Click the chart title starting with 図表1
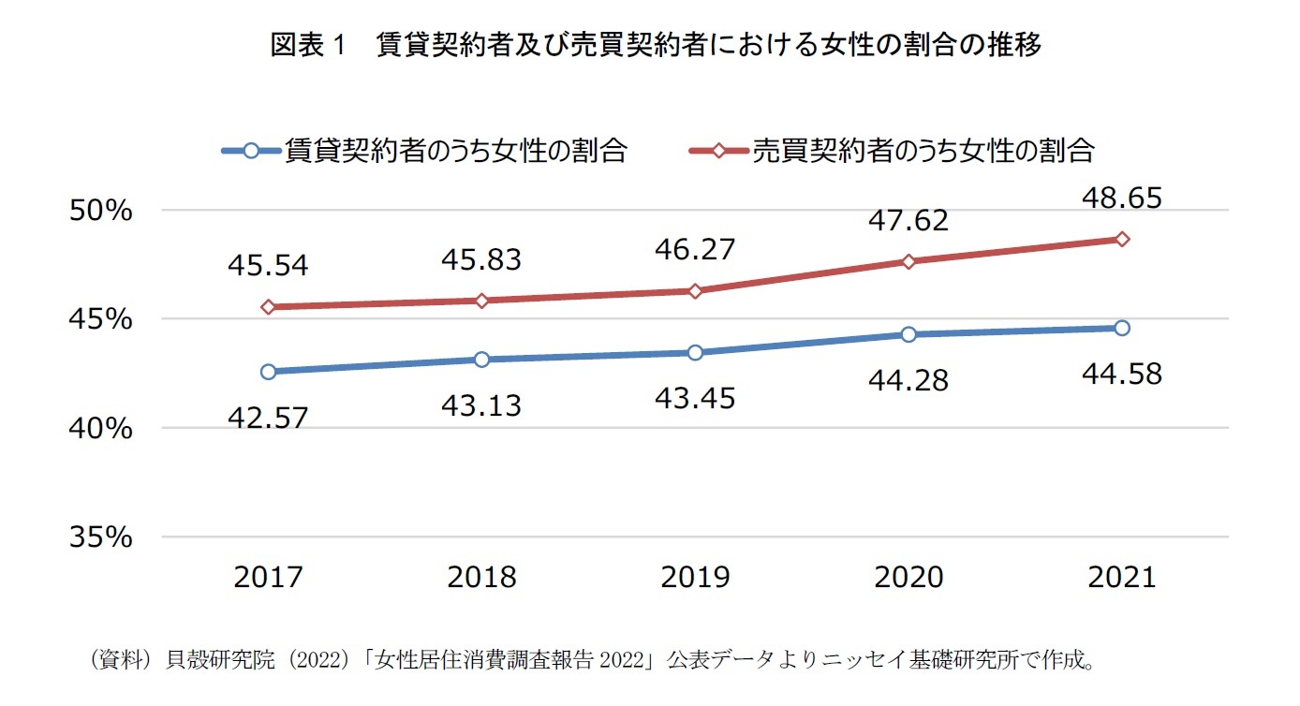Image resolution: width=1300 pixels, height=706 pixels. (x=655, y=45)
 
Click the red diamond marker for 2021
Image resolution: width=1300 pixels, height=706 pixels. (x=1122, y=239)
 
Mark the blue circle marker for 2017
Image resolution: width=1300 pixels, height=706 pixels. (x=269, y=372)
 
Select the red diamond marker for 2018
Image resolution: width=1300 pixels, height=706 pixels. (x=482, y=301)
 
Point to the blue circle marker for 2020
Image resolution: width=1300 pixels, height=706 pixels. (x=909, y=334)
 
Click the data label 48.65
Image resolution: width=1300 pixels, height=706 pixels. (x=1122, y=199)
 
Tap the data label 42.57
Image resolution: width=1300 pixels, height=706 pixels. (x=268, y=418)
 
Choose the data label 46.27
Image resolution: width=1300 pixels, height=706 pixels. (x=695, y=250)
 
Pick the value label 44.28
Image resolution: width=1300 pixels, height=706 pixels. (x=909, y=381)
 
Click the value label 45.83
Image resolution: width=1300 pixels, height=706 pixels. (x=482, y=260)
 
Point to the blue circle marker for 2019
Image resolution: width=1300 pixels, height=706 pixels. (x=695, y=352)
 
